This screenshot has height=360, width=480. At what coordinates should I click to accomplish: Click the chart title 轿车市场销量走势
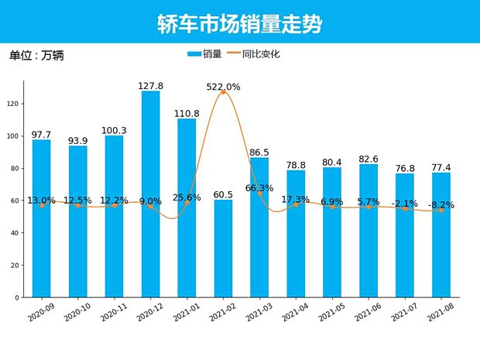click(239, 24)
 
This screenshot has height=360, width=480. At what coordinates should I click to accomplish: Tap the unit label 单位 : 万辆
click(36, 56)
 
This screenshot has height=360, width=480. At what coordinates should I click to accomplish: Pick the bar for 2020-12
click(150, 194)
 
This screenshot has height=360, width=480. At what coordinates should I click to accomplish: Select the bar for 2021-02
click(223, 248)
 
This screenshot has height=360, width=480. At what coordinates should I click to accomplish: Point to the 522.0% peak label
click(223, 87)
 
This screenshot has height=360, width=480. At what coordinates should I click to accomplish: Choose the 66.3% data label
click(259, 188)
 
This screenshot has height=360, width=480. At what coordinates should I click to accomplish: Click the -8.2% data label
click(441, 205)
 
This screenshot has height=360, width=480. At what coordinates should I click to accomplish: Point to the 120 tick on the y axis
click(15, 104)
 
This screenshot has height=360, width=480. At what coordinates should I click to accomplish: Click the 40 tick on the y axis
click(15, 233)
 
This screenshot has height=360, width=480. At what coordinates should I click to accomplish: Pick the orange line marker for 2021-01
click(187, 203)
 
